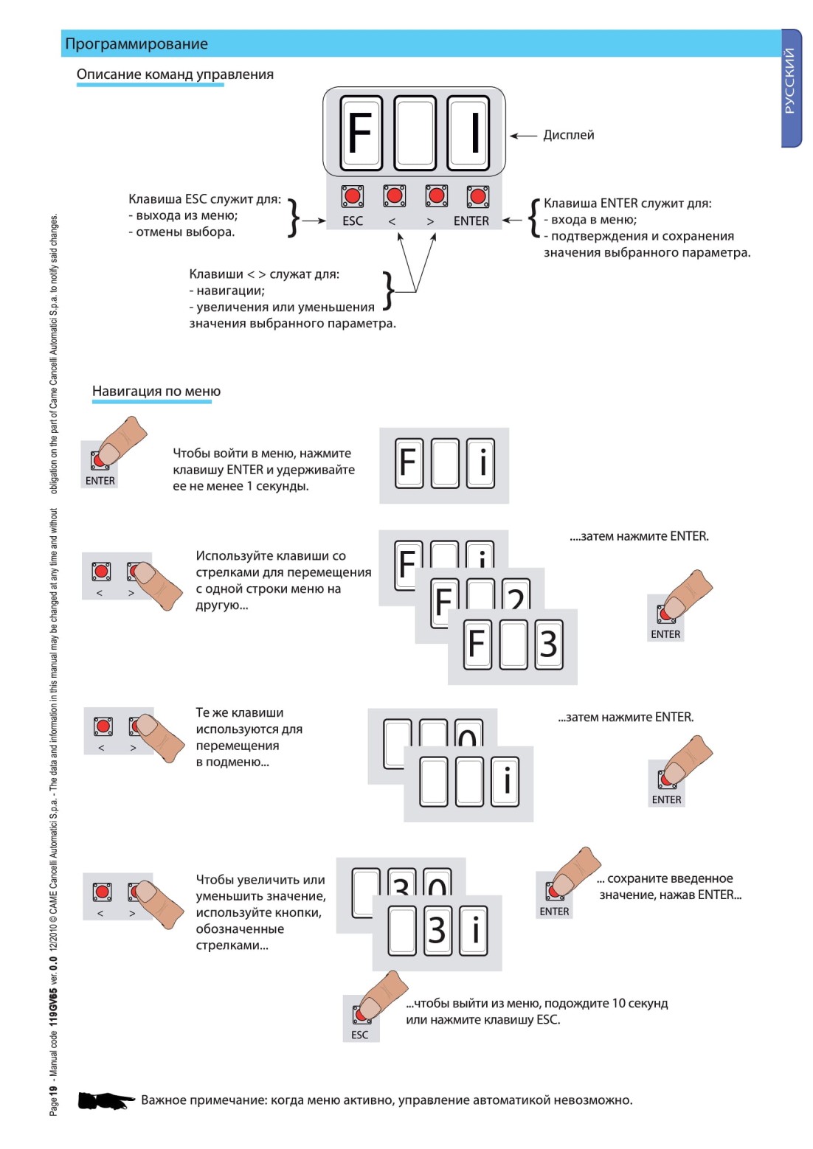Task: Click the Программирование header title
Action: pyautogui.click(x=136, y=44)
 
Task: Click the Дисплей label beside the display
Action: pyautogui.click(x=568, y=135)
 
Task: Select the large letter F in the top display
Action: pyautogui.click(x=359, y=133)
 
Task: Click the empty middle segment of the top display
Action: pyautogui.click(x=415, y=133)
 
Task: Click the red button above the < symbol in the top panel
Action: pyautogui.click(x=394, y=195)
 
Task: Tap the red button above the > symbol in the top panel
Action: pyautogui.click(x=436, y=195)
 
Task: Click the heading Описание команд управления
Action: pyautogui.click(x=175, y=74)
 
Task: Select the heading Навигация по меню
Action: pyautogui.click(x=156, y=392)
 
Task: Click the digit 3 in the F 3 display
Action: pyautogui.click(x=548, y=644)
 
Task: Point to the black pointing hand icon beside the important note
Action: pyautogui.click(x=105, y=1101)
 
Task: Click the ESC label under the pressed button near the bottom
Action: pyautogui.click(x=359, y=1035)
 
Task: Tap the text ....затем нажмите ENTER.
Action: pyautogui.click(x=639, y=536)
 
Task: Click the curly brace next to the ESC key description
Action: pyautogui.click(x=293, y=218)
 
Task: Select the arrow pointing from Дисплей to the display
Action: pyautogui.click(x=523, y=136)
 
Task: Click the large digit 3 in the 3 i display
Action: pyautogui.click(x=437, y=930)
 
